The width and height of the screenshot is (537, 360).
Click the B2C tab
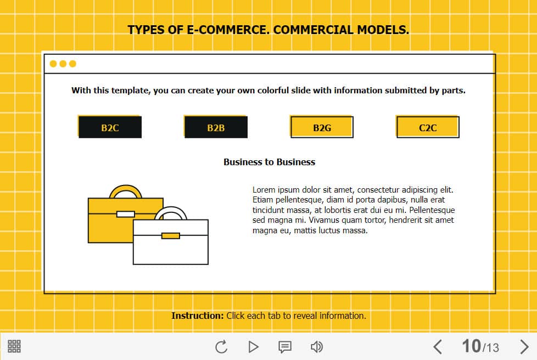110,127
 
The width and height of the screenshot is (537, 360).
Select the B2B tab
216,127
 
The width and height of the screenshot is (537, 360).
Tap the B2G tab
322,127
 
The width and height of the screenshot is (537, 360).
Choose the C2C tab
427,127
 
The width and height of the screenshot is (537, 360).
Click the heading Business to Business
269,162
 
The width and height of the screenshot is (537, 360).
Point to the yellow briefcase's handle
125,188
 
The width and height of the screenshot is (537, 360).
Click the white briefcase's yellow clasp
171,236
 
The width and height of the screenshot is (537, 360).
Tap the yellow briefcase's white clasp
125,214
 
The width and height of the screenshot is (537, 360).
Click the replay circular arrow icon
222,347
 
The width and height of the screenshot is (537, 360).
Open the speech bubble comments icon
285,347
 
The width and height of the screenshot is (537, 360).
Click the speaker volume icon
317,347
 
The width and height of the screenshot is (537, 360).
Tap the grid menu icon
14,346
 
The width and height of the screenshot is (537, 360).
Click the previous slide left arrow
437,347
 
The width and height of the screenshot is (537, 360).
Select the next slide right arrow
524,347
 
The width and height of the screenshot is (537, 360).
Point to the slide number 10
471,346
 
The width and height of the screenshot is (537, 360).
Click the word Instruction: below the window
197,316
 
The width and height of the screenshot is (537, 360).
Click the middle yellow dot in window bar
63,64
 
